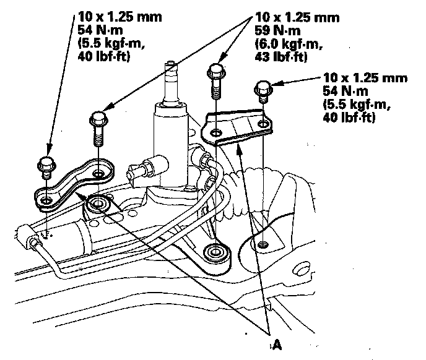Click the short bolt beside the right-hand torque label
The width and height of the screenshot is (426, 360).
click(x=262, y=92)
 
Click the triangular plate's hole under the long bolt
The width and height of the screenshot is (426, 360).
click(x=215, y=132)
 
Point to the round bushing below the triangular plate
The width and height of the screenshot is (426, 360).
click(x=216, y=254)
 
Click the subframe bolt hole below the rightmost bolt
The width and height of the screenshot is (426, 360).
click(x=263, y=244)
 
